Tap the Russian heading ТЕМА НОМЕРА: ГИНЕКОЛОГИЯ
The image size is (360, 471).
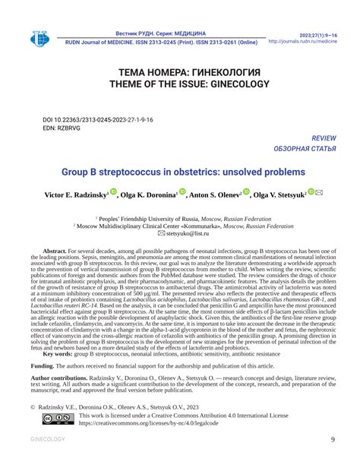pos(181,72)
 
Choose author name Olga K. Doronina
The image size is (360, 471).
pos(148,194)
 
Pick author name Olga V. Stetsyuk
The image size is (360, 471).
pos(279,194)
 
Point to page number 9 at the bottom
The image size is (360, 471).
pos(333,440)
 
